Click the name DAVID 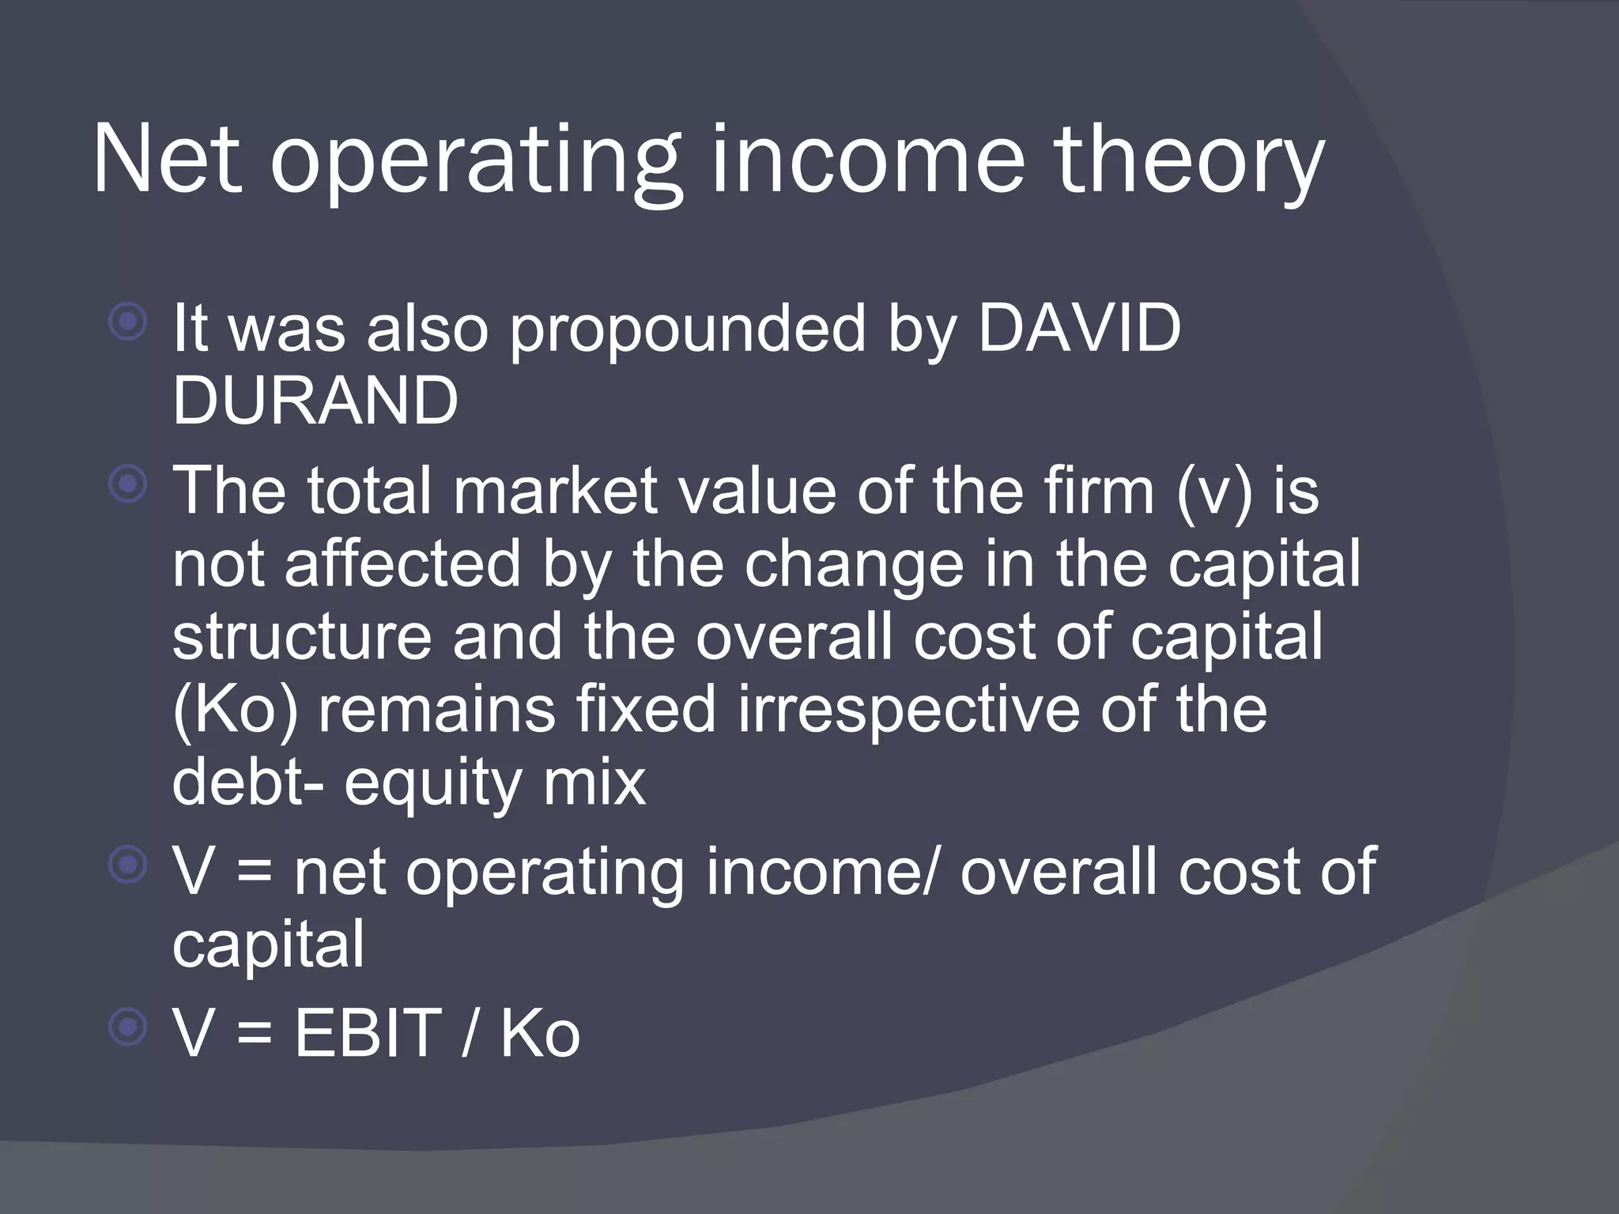tap(1079, 328)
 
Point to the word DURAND tap(315, 401)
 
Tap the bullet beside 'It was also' tap(128, 322)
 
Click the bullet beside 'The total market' tap(128, 484)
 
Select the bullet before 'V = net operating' tap(128, 865)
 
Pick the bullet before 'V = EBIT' tap(128, 1027)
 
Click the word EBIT tap(368, 1032)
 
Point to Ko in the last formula tap(540, 1032)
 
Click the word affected tap(402, 564)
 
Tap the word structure tap(302, 637)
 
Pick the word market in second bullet tap(555, 491)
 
